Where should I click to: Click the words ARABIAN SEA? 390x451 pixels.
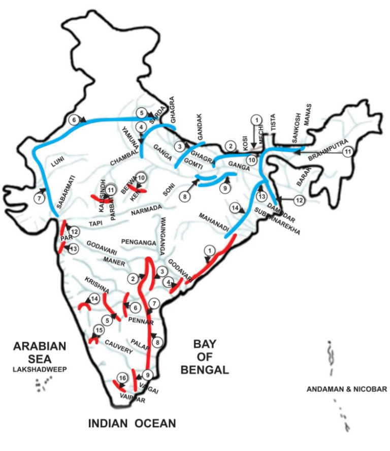click(40, 352)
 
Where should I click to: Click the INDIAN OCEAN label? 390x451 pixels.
click(132, 423)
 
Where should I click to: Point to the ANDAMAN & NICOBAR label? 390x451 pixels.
click(347, 390)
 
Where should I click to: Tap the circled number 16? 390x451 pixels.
click(121, 378)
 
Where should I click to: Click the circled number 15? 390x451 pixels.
click(98, 331)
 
